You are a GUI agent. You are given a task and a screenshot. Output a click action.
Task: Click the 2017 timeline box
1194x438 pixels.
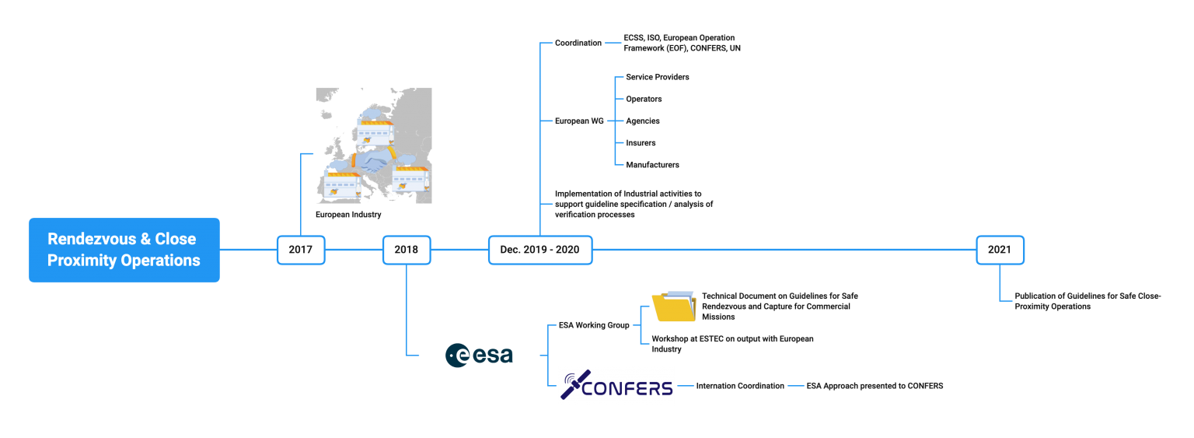coord(301,250)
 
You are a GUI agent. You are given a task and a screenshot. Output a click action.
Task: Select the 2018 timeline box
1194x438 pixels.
coord(407,250)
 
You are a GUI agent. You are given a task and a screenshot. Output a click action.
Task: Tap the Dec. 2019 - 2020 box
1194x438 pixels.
coord(540,250)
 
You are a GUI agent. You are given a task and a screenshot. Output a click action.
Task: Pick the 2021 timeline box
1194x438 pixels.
coord(1000,250)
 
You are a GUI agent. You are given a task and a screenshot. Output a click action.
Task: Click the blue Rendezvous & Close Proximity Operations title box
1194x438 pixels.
coord(124,250)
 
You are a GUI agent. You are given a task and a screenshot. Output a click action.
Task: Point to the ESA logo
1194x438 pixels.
coord(479,355)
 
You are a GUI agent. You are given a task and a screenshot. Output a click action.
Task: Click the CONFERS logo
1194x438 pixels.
coord(616,386)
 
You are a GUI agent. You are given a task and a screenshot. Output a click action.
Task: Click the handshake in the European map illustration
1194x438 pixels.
coord(374,162)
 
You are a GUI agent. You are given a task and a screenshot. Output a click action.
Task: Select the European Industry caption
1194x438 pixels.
coord(348,214)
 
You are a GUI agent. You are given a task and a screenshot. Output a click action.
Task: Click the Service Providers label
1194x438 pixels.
coord(658,77)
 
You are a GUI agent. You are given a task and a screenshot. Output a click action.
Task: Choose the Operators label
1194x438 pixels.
coord(644,99)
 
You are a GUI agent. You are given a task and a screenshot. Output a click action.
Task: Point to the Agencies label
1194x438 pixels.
coord(643,121)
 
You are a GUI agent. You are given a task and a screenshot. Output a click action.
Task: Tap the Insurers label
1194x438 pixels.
coord(641,143)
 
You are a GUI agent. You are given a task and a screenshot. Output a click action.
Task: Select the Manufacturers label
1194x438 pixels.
coord(652,165)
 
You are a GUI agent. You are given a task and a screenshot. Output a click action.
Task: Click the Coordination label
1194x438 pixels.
coord(578,43)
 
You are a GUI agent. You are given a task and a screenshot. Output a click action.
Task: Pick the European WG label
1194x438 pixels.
coord(579,121)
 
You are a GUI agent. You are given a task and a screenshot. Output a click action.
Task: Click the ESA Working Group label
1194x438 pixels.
coord(594,325)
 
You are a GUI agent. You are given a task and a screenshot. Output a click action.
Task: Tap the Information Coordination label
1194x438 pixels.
coord(740,386)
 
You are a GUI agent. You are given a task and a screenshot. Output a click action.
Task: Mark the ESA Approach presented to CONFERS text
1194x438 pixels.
coord(875,386)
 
